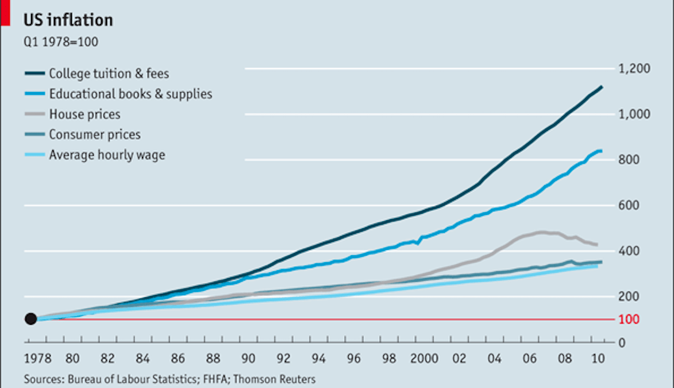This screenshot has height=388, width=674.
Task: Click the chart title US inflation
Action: pyautogui.click(x=68, y=20)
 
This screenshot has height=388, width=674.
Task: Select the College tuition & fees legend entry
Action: pyautogui.click(x=109, y=74)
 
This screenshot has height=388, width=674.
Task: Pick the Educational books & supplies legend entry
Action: pyautogui.click(x=130, y=94)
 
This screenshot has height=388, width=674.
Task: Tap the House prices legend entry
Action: pyautogui.click(x=84, y=114)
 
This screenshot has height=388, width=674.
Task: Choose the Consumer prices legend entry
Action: pyautogui.click(x=95, y=135)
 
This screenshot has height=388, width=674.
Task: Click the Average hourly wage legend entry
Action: pyautogui.click(x=107, y=155)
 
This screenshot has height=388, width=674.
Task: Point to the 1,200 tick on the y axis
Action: pyautogui.click(x=634, y=69)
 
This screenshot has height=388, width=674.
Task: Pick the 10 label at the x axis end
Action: pyautogui.click(x=598, y=359)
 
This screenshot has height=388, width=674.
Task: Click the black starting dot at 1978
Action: pyautogui.click(x=30, y=319)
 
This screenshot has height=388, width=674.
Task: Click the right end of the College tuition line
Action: pyautogui.click(x=601, y=87)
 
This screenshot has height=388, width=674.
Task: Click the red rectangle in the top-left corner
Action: pyautogui.click(x=5, y=13)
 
